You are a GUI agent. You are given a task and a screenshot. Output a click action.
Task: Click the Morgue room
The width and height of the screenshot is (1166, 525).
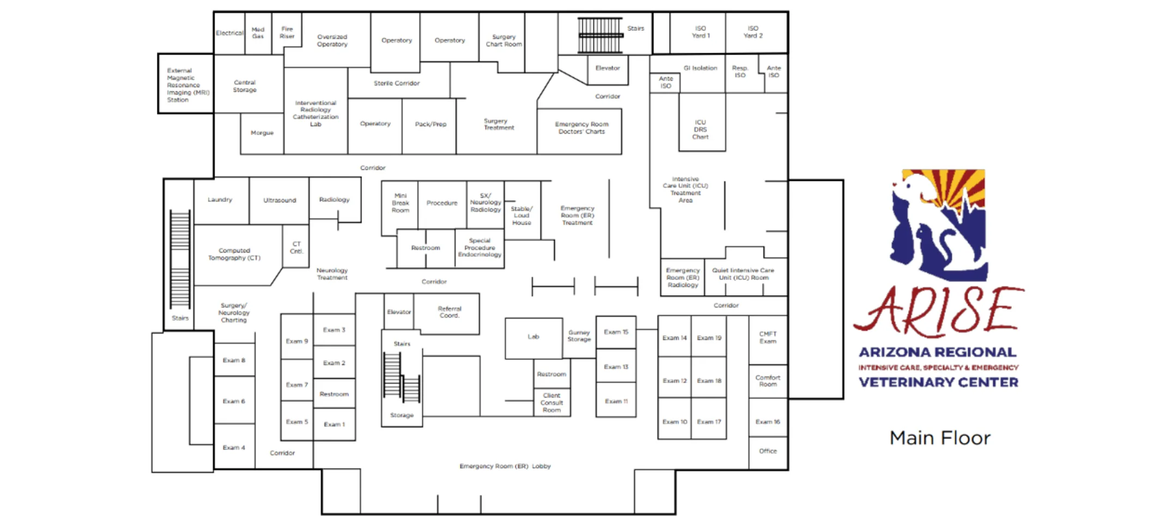[262, 133]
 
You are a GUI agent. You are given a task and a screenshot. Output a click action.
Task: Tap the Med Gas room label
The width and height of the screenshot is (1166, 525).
[258, 33]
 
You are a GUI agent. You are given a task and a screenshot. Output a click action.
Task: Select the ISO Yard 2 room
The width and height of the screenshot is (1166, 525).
[753, 32]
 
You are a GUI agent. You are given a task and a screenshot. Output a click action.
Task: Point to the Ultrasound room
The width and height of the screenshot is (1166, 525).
[280, 200]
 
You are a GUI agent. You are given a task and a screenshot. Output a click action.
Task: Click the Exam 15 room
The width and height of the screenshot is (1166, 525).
[616, 332]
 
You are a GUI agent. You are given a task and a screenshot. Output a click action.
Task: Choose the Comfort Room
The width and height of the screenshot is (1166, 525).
[768, 381]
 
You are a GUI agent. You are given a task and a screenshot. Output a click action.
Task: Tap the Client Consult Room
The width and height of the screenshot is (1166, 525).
[551, 403]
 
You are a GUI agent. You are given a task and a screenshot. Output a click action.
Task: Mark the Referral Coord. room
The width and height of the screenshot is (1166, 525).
[450, 312]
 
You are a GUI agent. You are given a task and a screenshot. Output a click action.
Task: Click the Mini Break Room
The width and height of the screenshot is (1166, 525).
[400, 203]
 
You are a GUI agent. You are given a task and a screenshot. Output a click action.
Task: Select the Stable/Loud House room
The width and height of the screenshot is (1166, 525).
[521, 216]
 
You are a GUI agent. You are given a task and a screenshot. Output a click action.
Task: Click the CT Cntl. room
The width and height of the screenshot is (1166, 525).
[296, 248]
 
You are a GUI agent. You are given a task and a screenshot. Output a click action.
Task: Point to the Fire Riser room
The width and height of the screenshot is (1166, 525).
[287, 33]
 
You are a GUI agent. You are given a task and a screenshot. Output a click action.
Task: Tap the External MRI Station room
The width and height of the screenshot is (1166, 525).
[185, 85]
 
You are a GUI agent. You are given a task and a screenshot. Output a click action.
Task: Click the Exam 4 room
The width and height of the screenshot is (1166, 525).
[234, 448]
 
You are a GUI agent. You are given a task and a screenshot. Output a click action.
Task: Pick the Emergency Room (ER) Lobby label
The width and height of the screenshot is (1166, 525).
[505, 467]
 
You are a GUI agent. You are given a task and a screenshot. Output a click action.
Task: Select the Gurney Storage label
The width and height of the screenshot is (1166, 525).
[579, 336]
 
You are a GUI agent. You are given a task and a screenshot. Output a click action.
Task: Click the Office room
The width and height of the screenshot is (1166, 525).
[768, 451]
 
